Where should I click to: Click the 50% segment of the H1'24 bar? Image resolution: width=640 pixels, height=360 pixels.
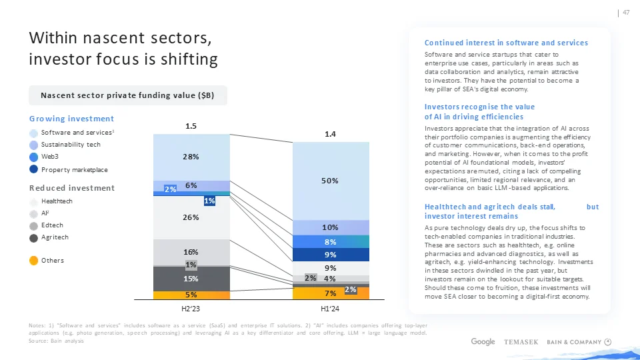tap(331, 180)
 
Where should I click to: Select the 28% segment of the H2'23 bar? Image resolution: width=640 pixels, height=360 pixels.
tap(191, 157)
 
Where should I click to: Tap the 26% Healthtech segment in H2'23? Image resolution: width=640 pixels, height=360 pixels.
tap(191, 217)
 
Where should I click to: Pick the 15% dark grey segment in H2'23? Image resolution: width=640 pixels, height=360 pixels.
tap(191, 279)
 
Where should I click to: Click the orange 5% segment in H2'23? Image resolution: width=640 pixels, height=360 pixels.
tap(191, 294)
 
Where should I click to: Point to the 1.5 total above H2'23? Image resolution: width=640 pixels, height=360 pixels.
tap(191, 125)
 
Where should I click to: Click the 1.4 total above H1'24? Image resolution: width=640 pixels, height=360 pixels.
tap(331, 134)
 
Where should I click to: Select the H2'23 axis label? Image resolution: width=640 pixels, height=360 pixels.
tap(191, 309)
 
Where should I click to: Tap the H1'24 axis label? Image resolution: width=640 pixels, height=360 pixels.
tap(331, 309)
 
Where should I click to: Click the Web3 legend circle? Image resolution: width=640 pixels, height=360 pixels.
tap(34, 157)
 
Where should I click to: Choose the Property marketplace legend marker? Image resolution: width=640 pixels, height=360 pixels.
tap(34, 169)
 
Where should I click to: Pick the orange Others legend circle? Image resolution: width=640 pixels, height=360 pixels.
tap(34, 260)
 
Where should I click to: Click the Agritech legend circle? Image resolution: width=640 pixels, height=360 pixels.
tap(34, 237)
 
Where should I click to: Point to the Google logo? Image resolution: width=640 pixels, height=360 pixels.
tap(483, 342)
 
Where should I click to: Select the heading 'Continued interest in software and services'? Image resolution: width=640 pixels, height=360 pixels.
tap(506, 43)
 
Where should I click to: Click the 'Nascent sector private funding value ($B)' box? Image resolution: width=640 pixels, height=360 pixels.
tap(127, 95)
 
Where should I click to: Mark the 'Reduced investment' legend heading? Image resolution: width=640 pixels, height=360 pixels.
tap(72, 188)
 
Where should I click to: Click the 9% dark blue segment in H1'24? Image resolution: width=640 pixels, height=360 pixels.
tap(331, 255)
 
